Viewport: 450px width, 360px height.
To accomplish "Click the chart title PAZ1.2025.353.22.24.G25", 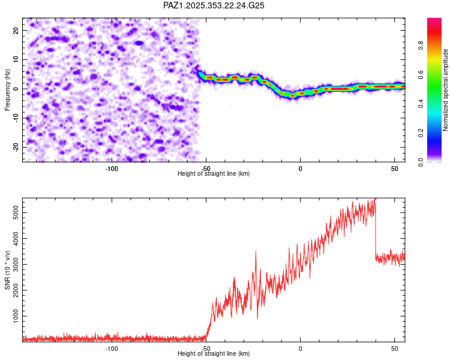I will coord(214,5).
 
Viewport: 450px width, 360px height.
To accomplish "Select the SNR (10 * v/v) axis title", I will coord(7,270).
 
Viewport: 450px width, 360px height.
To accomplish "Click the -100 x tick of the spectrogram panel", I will coord(112,168).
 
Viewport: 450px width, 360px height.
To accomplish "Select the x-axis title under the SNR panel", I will coord(214,354).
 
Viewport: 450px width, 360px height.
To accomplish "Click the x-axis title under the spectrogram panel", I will coord(214,174).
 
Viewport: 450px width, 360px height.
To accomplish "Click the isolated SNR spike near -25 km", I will coord(256,252).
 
